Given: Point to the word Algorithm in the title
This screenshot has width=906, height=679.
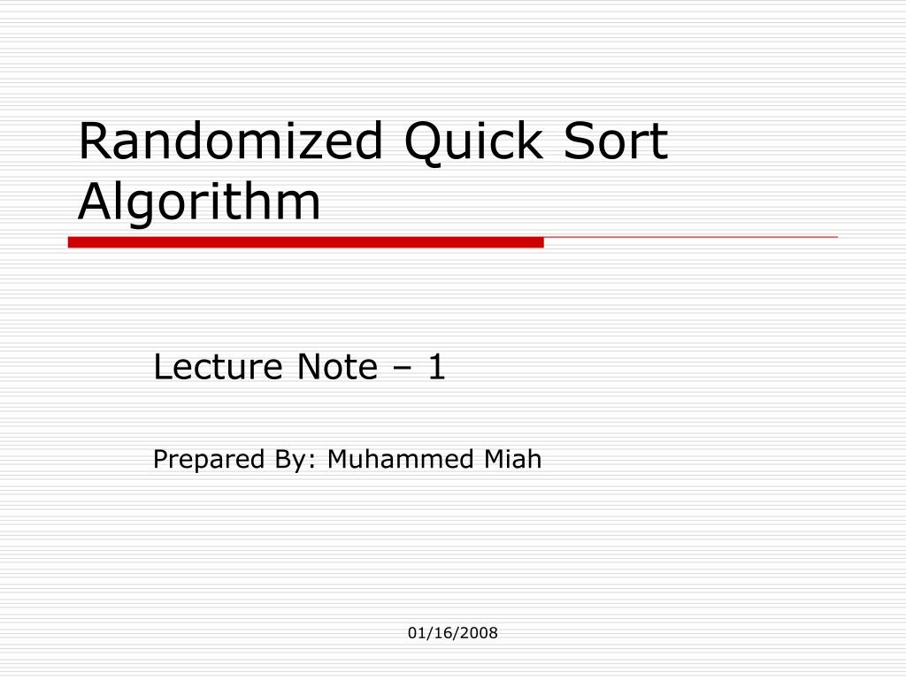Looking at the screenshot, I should click(x=199, y=202).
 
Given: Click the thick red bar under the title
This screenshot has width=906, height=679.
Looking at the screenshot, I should click(x=305, y=241).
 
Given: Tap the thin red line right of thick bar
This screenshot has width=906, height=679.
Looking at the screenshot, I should click(x=690, y=237).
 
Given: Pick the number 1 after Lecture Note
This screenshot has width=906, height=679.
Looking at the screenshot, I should click(x=435, y=367).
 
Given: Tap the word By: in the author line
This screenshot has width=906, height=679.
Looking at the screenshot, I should click(x=280, y=461).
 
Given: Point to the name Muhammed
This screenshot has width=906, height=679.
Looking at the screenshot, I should click(x=400, y=460).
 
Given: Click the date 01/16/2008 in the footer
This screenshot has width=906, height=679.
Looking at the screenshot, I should click(x=453, y=633).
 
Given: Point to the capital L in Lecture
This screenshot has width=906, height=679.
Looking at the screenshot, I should click(x=162, y=367).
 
